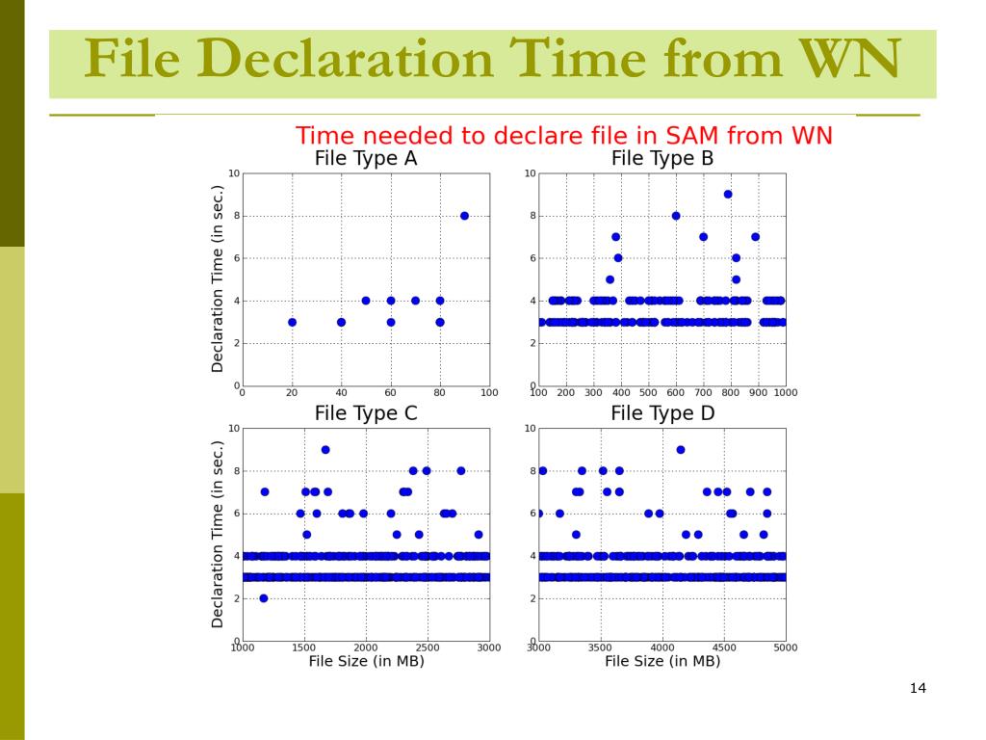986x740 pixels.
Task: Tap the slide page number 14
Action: click(917, 688)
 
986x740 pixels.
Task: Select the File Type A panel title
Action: click(366, 159)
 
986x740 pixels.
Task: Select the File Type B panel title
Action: click(662, 159)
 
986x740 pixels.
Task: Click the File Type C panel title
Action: click(366, 413)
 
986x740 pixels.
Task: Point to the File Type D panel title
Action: click(662, 413)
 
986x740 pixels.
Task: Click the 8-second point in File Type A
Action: click(464, 216)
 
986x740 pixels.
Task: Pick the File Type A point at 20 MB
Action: click(292, 323)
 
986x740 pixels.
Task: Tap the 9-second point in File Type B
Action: click(728, 195)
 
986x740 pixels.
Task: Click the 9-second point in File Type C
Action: click(325, 450)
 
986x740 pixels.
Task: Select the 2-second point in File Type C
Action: click(264, 598)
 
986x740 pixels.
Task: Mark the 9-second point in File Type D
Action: click(681, 450)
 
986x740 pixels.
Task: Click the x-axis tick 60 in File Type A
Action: click(390, 393)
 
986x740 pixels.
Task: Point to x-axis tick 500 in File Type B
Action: click(648, 393)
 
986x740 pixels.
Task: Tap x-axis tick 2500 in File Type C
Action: click(427, 647)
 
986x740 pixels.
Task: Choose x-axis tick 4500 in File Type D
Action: click(723, 647)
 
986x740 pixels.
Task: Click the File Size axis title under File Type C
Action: click(366, 661)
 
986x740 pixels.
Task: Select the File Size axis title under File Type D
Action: click(662, 661)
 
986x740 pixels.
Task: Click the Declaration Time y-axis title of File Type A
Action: click(218, 279)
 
